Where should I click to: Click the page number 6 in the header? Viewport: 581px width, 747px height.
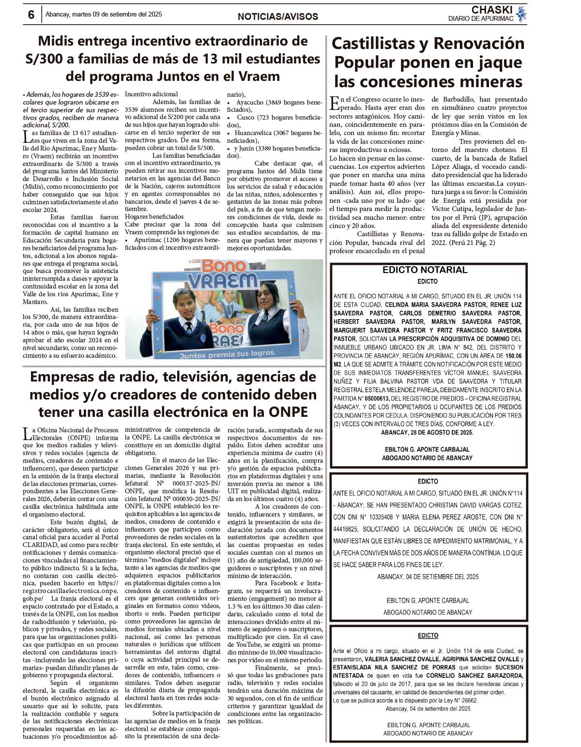31,15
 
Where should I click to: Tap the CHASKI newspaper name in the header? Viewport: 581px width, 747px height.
491,10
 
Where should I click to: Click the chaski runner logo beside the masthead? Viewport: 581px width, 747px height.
521,14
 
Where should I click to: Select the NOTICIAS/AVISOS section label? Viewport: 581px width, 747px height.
277,16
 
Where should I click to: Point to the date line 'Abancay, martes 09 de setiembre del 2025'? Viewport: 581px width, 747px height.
104,15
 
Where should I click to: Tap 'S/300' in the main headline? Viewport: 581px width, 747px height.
45,59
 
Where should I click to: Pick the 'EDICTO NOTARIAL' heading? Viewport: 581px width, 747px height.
425,270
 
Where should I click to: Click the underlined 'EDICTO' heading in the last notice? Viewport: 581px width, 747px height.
428,635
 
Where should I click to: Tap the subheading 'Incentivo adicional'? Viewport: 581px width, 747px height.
151,94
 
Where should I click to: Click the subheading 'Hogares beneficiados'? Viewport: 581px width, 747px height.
154,217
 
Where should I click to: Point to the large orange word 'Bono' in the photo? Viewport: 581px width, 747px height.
223,266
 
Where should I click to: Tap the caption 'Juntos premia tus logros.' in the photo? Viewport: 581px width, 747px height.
227,354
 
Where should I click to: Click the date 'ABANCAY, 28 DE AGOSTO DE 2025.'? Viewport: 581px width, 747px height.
427,432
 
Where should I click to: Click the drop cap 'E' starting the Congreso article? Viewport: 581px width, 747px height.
334,103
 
